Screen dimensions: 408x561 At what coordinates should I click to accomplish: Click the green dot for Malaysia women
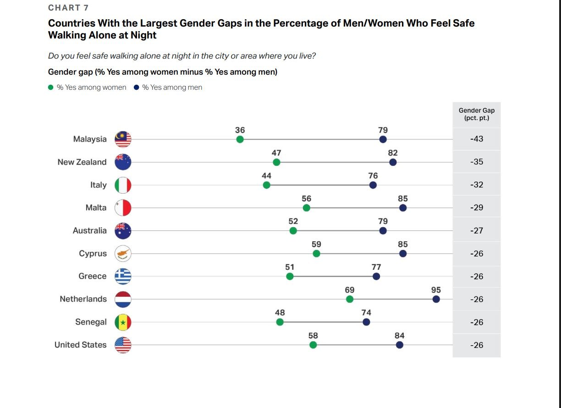coord(240,139)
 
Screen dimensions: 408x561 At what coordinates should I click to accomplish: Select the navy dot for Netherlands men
coord(436,299)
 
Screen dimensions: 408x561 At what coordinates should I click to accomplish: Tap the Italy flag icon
coord(123,185)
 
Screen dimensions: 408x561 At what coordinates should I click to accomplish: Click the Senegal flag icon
coord(123,322)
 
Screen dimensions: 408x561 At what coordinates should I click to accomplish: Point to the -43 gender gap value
coord(477,139)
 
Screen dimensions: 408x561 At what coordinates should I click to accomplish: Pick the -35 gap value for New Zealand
coord(477,162)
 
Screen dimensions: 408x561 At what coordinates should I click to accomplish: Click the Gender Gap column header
coord(477,114)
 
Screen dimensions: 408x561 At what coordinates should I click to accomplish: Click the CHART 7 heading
coord(68,8)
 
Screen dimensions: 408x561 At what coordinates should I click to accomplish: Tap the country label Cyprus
coord(93,253)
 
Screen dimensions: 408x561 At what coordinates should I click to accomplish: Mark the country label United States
coord(80,345)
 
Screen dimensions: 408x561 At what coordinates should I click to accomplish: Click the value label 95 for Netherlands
coord(436,290)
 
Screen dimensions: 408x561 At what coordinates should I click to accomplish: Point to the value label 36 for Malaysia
coord(240,130)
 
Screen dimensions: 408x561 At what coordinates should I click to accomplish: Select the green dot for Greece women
coord(290,276)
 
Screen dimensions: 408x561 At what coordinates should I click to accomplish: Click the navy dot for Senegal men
coord(366,322)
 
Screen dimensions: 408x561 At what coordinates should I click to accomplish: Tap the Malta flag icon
coord(123,208)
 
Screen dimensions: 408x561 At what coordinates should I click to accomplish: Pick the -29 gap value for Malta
coord(477,207)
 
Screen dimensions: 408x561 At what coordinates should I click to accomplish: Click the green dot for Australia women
coord(293,231)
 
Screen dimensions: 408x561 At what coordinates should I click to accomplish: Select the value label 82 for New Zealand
coord(393,153)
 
